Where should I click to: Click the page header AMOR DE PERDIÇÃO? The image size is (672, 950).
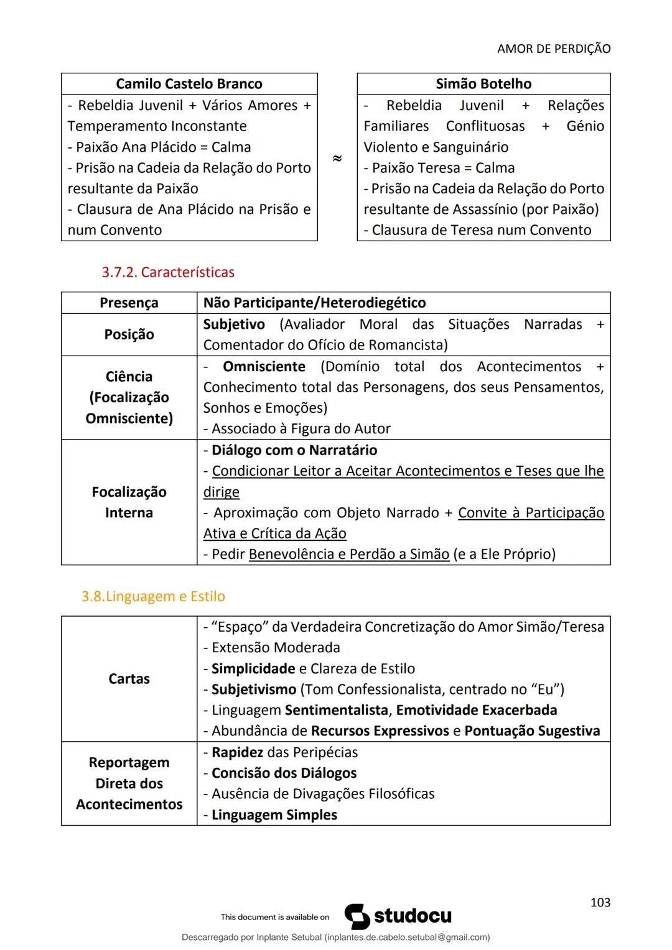554,48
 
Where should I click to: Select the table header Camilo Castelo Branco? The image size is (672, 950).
189,84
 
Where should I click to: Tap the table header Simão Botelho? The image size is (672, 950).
483,84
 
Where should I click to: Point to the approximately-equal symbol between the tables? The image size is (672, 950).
337,159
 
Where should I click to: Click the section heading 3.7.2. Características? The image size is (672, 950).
168,272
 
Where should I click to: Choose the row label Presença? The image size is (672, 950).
129,303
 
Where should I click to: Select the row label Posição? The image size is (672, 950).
129,334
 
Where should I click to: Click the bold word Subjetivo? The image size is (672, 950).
234,325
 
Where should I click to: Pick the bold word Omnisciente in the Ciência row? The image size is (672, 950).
264,367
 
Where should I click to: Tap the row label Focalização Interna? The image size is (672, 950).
129,502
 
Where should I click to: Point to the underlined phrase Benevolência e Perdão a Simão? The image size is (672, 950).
348,554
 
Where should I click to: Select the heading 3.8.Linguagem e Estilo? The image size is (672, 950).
153,596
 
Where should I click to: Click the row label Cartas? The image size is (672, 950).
129,679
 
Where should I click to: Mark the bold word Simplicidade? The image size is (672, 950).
253,669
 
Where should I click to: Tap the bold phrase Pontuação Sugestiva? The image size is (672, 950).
532,731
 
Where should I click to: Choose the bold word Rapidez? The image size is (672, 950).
237,752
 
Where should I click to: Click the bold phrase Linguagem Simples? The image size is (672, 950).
274,815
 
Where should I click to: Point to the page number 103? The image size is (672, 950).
600,903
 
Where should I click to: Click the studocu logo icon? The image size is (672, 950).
357,916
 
